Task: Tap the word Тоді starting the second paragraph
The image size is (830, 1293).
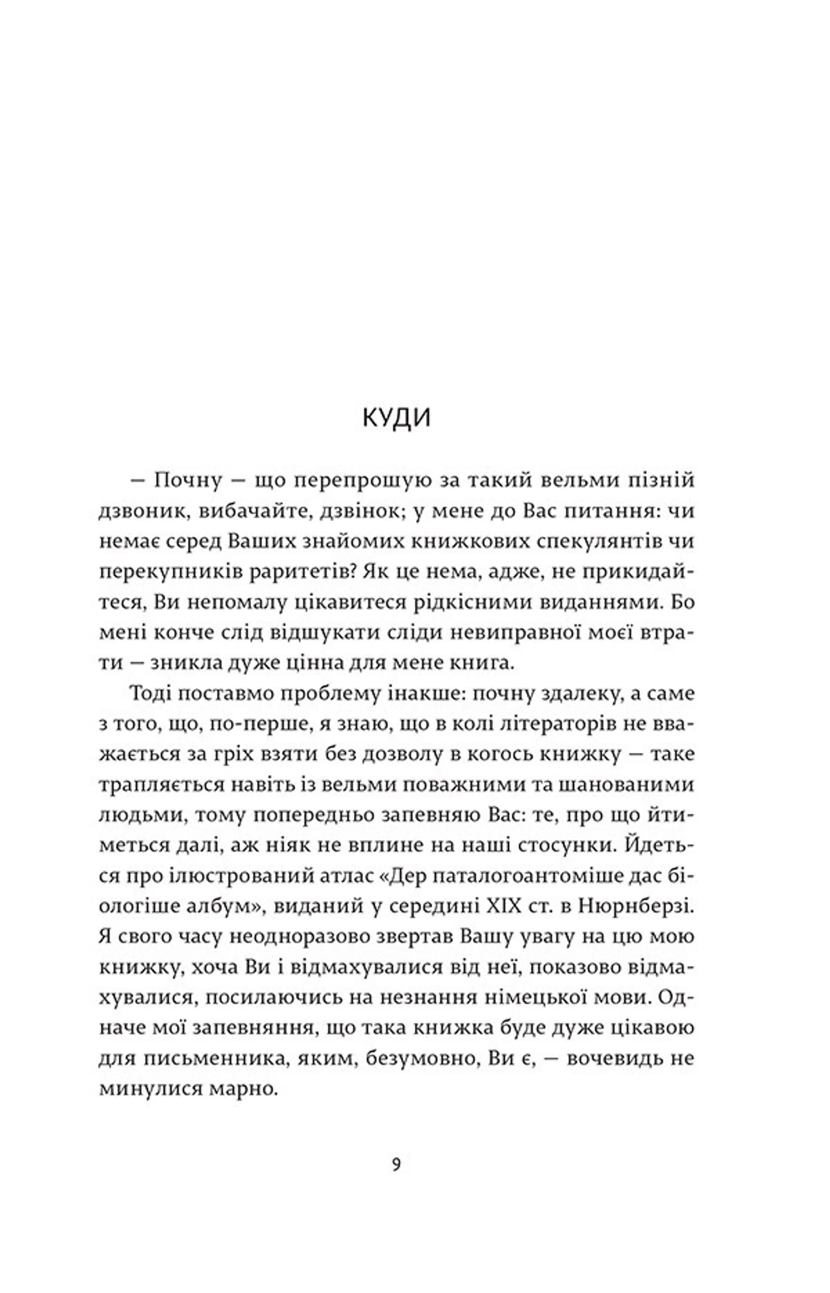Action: [150, 694]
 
